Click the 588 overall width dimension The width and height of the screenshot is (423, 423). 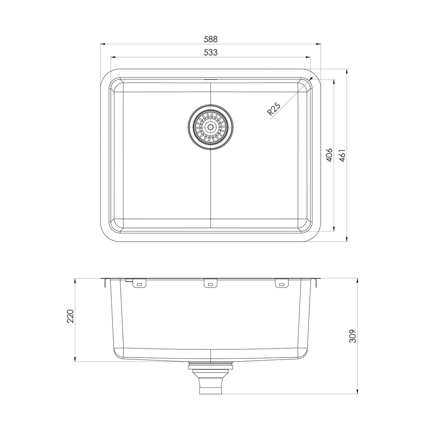pos(210,39)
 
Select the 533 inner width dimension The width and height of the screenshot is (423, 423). pos(210,52)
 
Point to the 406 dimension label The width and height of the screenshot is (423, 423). pos(329,155)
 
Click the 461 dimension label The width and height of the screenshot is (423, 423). pos(342,155)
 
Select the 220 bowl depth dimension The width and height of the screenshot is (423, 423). pos(70,316)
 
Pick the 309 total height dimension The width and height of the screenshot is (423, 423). pos(353,336)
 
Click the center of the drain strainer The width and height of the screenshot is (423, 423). pos(211,127)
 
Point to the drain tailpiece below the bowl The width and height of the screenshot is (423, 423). pos(211,384)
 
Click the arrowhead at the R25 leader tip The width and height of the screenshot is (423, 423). pos(311,79)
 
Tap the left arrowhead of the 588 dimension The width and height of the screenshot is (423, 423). pos(103,44)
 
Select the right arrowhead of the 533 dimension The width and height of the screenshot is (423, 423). pos(309,57)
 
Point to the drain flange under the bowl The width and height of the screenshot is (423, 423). pos(211,365)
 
